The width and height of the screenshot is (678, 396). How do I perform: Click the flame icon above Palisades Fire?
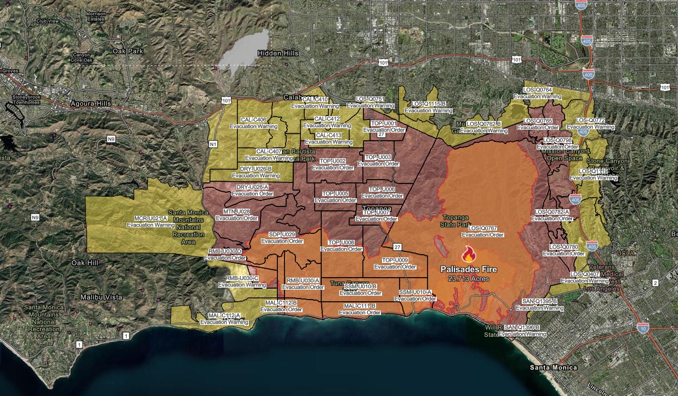coord(468,254)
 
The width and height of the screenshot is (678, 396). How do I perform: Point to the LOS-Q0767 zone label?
coord(482,228)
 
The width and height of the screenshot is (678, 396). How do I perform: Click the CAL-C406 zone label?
coord(253,120)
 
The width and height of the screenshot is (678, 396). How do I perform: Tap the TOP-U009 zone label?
coord(395,260)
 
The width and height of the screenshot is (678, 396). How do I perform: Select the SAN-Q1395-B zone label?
coord(539,301)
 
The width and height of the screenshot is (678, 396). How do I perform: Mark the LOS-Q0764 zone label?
coord(537,89)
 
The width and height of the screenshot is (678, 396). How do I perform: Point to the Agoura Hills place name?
coord(90,104)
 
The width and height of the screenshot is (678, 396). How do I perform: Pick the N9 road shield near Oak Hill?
coord(36,217)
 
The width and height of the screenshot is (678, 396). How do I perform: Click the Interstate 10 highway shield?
coord(642,328)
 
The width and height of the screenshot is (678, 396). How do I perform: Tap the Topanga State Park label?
coord(455,221)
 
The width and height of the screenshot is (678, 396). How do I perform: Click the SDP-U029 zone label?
coord(282,234)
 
